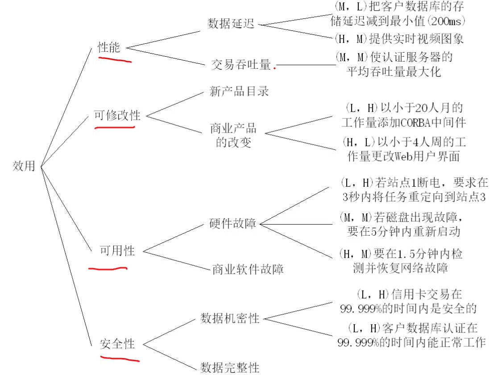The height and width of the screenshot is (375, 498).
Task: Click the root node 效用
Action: tap(24, 166)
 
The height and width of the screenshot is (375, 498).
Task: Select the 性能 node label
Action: tap(109, 47)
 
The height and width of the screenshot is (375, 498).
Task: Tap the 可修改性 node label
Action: tap(117, 115)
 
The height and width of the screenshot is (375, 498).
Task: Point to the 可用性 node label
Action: tap(117, 251)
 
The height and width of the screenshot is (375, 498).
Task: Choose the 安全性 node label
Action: tap(117, 344)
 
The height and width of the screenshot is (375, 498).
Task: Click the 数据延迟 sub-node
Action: tap(231, 23)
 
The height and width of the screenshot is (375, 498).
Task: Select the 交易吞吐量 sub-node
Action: tap(241, 65)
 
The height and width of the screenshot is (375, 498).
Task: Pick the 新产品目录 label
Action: tap(239, 91)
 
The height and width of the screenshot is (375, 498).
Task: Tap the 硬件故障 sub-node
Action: tap(232, 223)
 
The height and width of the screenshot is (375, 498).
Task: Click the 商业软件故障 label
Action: tap(248, 269)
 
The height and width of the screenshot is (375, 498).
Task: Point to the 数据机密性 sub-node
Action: tap(230, 318)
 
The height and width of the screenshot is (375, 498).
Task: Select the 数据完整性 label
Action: tap(230, 367)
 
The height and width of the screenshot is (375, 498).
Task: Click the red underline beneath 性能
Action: tap(115, 59)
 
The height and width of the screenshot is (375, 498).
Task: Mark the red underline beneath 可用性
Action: tap(108, 269)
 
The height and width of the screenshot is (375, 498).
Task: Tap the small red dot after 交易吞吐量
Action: tap(275, 68)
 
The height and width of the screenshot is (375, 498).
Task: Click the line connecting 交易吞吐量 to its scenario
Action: tap(306, 65)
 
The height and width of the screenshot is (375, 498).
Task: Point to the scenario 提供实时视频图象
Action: tap(416, 39)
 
